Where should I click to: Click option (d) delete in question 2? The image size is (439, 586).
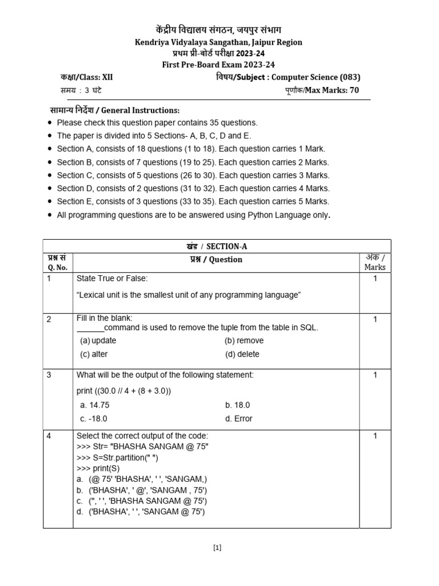coord(242,354)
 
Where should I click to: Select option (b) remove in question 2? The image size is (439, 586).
coord(244,340)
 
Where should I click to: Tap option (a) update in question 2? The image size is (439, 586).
coord(98,340)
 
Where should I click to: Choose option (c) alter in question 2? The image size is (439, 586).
coord(94,354)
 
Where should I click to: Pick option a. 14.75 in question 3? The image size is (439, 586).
coord(95,405)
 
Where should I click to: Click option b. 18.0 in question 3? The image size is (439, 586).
coord(238,405)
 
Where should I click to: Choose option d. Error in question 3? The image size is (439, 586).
coord(238,418)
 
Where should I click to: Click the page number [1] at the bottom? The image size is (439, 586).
coord(217,548)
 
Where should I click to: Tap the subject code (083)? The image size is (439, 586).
coord(350,77)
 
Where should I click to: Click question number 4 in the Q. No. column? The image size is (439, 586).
coord(49,436)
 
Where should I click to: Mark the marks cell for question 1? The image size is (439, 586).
coord(375,278)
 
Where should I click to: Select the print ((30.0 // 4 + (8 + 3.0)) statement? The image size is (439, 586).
coord(123,391)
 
